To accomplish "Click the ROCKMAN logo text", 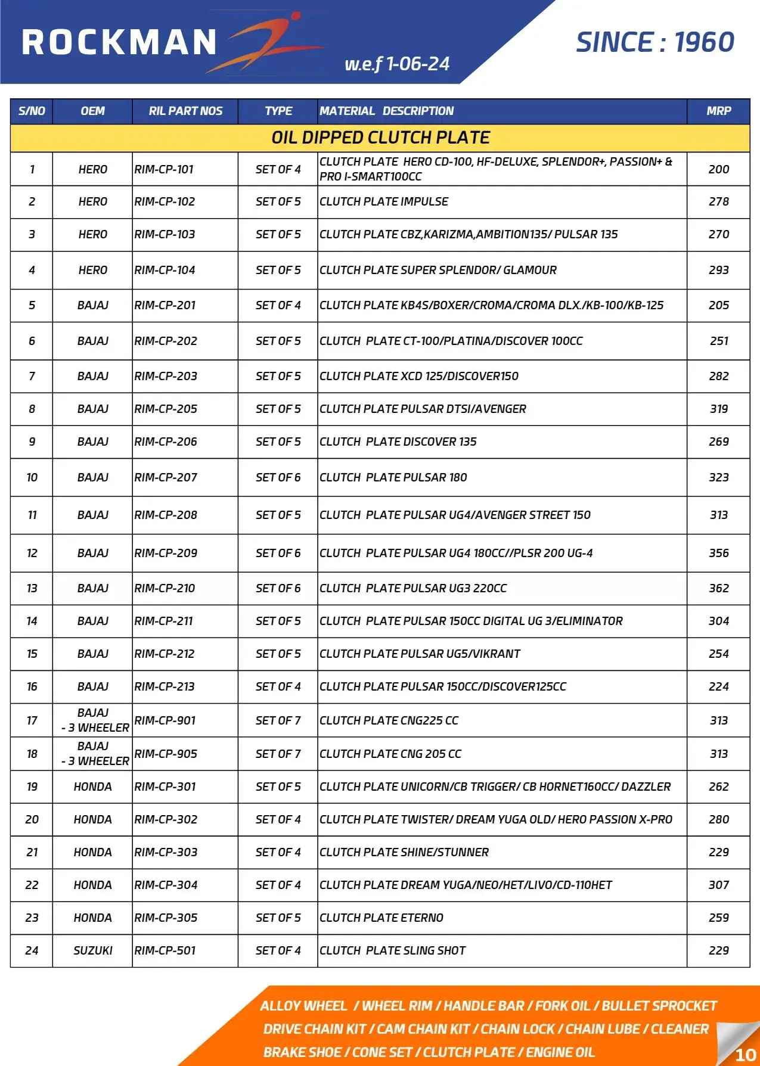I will (119, 43).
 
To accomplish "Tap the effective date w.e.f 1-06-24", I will (397, 64).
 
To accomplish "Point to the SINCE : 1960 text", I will (654, 42).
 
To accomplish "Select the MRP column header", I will (718, 111).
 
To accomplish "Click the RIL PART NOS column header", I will (185, 111).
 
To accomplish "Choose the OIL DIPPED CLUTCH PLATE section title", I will (380, 138).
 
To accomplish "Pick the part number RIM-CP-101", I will (164, 169).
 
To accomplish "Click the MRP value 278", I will (718, 201).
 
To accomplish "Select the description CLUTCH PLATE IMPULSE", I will (384, 201).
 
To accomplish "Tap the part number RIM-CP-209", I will (166, 553).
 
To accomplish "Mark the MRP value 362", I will (718, 588).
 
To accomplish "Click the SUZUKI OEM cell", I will (92, 950).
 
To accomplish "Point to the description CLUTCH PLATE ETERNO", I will (381, 918).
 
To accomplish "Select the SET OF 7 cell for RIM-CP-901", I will (278, 720).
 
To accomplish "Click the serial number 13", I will (32, 588).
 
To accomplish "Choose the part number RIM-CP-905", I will (166, 754).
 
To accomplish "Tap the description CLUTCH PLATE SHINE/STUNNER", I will (404, 852).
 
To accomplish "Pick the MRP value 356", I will (718, 553).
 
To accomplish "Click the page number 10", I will (745, 1055).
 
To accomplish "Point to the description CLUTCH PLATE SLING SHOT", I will (392, 950).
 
